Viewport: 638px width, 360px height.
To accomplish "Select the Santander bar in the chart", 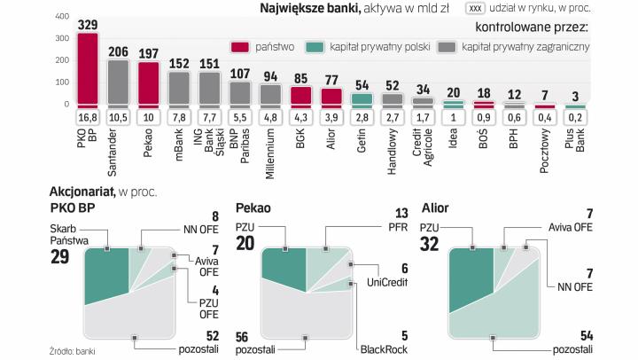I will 119,82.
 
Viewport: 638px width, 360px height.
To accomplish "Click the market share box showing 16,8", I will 88,117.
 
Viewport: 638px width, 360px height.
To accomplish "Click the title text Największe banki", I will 298,9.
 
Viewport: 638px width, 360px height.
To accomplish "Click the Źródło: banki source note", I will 73,352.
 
